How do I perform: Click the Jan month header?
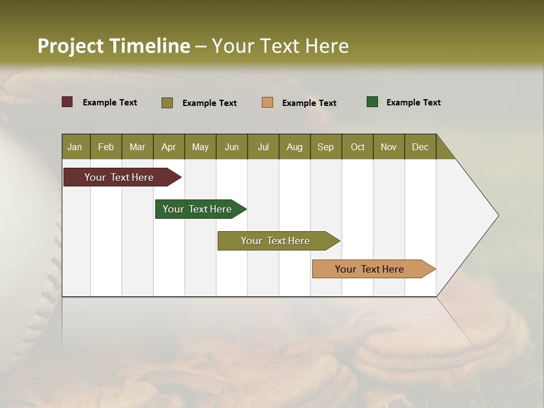75,147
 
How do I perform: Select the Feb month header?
106,147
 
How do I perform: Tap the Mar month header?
137,147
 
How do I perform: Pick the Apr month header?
168,147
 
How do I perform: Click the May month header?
200,147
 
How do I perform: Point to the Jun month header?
232,147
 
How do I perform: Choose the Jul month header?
263,147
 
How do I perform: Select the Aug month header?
294,147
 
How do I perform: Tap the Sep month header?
325,147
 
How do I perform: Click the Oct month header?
358,147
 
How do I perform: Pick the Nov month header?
389,147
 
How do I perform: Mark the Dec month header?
420,147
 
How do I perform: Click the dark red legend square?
67,102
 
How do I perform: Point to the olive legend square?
167,103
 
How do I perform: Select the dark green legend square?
372,102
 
